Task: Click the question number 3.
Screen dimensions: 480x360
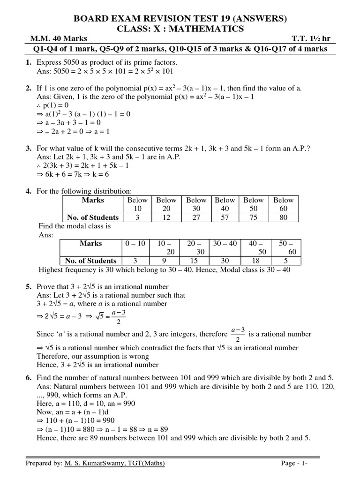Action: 28,149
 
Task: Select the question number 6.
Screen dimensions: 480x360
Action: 28,378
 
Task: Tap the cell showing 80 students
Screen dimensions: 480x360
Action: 283,217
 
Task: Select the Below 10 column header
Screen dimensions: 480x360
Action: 137,204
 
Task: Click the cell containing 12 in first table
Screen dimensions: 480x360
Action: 166,217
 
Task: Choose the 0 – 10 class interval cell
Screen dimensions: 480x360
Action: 135,244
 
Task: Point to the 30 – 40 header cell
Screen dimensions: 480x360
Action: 225,244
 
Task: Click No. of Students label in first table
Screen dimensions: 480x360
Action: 92,217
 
